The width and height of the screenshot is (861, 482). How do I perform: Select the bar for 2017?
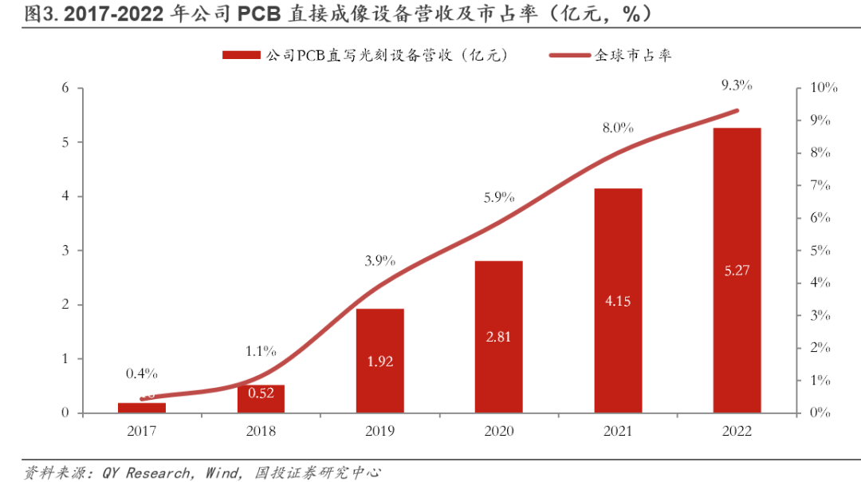pyautogui.click(x=142, y=408)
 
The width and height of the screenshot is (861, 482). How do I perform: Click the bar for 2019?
pyautogui.click(x=380, y=361)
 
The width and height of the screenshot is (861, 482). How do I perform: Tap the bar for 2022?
pyautogui.click(x=737, y=271)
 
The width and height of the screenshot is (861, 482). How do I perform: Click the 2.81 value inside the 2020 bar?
pyautogui.click(x=498, y=337)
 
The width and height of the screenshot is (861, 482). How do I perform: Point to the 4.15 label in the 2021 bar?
pyautogui.click(x=618, y=302)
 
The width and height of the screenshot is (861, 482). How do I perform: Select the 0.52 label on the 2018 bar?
pyautogui.click(x=261, y=393)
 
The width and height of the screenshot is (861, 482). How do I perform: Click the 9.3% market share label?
pyautogui.click(x=736, y=85)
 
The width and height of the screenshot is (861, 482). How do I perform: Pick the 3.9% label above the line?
pyautogui.click(x=380, y=261)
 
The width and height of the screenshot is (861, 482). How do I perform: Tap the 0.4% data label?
pyautogui.click(x=141, y=373)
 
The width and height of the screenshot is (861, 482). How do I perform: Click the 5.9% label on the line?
pyautogui.click(x=498, y=196)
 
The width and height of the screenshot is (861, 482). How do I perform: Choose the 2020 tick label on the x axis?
pyautogui.click(x=498, y=431)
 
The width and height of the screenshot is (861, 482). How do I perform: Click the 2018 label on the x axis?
pyautogui.click(x=261, y=431)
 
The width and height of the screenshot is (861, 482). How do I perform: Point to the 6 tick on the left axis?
pyautogui.click(x=65, y=88)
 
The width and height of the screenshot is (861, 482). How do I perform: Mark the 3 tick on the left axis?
pyautogui.click(x=65, y=251)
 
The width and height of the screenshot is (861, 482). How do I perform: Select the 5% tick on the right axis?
pyautogui.click(x=819, y=251)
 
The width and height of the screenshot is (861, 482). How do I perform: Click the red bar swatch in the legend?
pyautogui.click(x=241, y=55)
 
